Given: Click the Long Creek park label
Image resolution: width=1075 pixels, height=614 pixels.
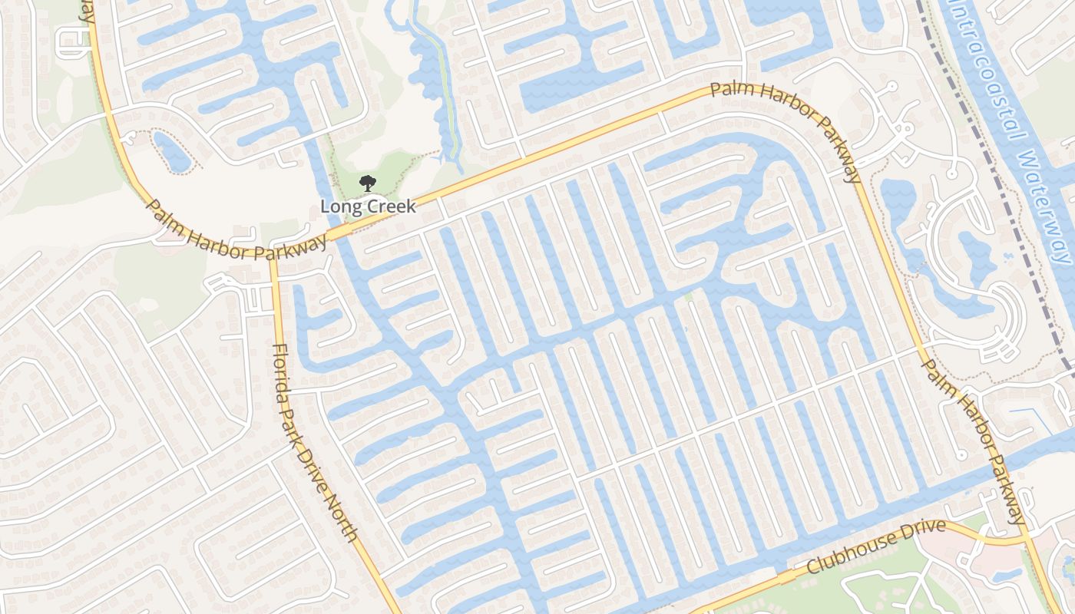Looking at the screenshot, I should [368, 206].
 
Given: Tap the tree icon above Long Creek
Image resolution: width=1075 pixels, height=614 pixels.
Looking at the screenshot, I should [368, 183].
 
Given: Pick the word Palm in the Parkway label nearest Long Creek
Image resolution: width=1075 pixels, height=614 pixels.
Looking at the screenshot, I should [164, 216].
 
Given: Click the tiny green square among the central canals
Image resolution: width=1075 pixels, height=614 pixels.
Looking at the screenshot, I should [688, 296].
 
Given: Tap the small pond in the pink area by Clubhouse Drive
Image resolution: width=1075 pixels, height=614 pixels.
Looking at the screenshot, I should [1003, 574].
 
